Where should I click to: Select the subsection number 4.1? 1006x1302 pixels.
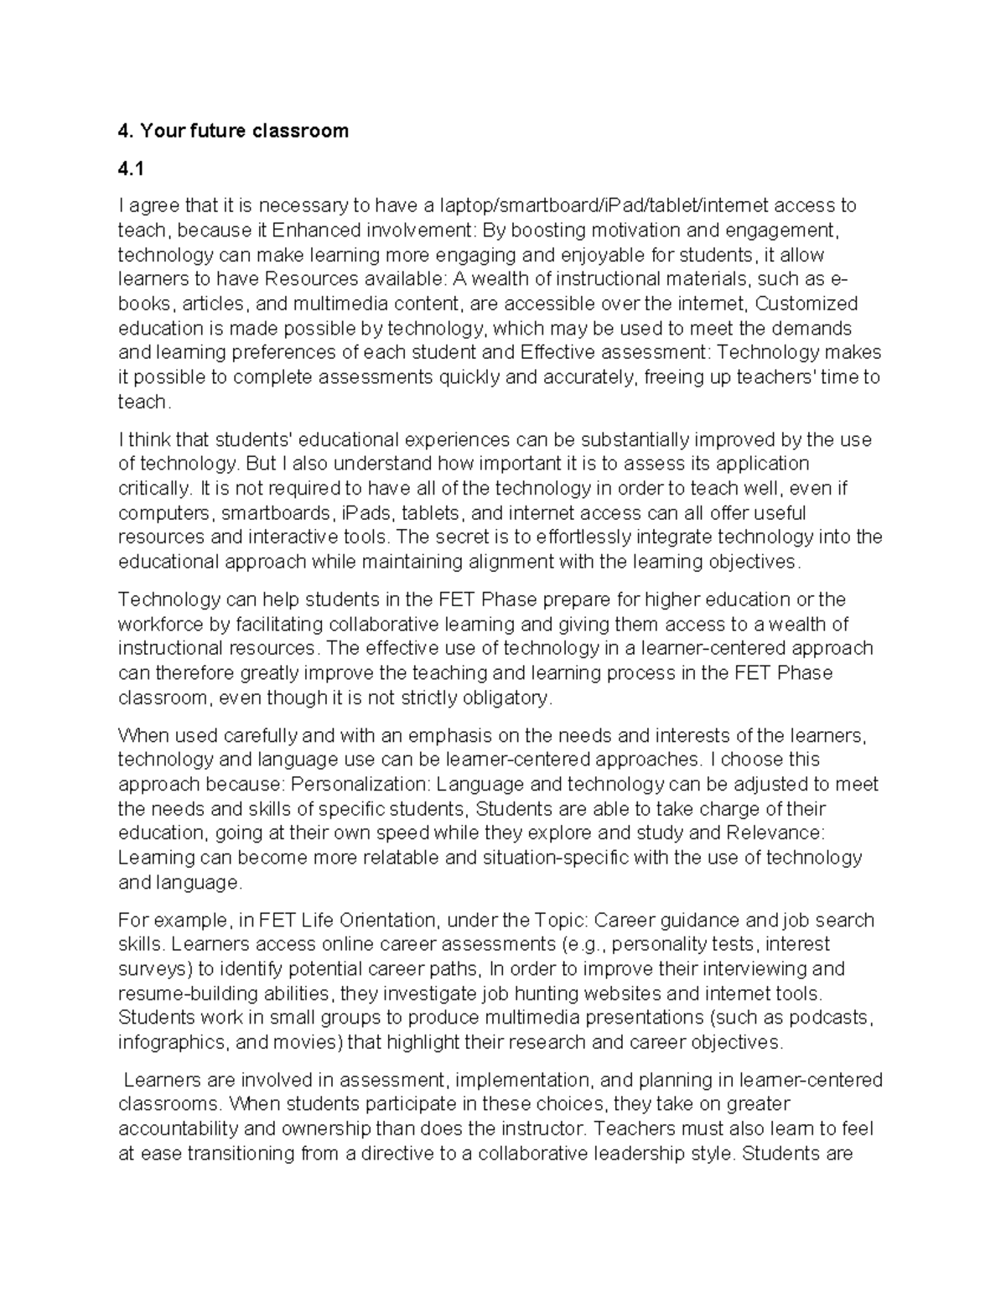(x=131, y=169)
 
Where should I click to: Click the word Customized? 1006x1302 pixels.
(x=807, y=303)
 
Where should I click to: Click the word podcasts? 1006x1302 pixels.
(x=832, y=1018)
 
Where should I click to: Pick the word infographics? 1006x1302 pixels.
(x=173, y=1042)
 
